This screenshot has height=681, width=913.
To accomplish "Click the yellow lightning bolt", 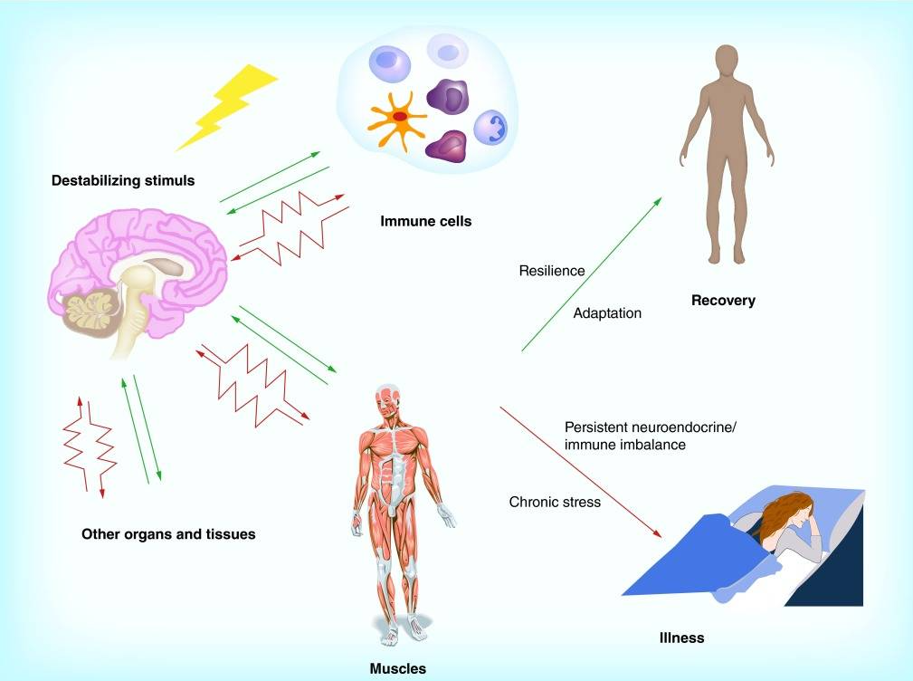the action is [227, 107].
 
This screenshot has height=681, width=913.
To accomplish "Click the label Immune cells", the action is [425, 221].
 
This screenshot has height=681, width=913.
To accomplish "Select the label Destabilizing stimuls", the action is [123, 180].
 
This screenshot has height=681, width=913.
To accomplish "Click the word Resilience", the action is [551, 271].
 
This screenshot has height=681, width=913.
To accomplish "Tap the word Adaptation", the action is [607, 313].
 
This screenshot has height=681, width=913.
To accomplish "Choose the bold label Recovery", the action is [723, 301].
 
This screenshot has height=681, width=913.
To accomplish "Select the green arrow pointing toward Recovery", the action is [592, 274].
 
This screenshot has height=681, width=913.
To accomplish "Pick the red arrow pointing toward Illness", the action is [581, 472].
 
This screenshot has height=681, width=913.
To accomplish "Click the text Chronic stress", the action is [555, 503].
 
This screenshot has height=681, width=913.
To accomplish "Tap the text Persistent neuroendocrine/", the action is [651, 427].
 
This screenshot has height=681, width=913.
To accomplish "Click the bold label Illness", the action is [682, 638].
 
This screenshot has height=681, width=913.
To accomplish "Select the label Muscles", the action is [398, 668].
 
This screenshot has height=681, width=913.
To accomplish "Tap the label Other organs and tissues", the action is [168, 534].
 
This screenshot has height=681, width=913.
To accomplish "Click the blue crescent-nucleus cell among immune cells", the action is [490, 129].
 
